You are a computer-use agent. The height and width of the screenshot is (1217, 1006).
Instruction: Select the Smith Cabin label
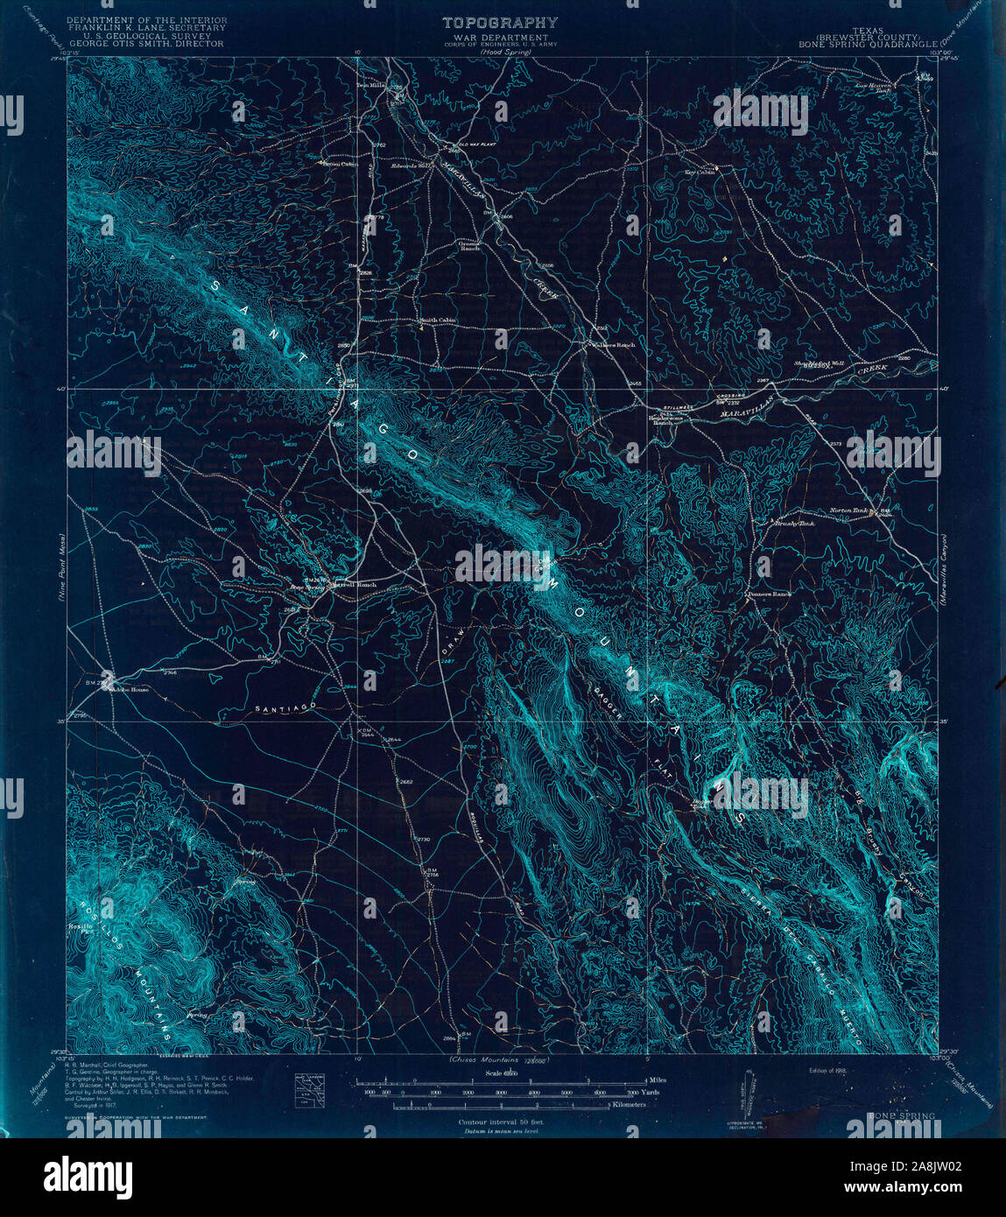coord(438,320)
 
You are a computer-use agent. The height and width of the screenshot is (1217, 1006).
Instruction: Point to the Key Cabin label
coord(700,172)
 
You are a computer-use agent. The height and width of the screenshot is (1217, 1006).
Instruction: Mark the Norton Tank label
coord(847,511)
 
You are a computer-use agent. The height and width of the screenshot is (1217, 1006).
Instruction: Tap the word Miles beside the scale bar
coord(658,1080)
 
